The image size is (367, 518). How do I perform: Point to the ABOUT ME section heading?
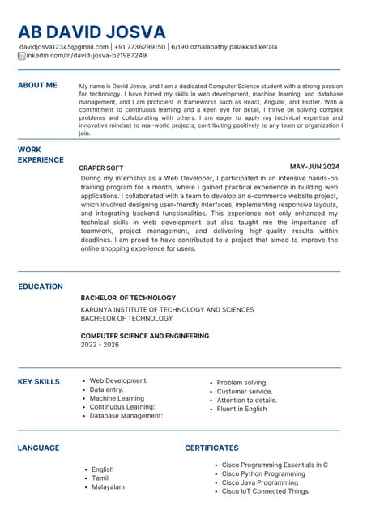[x=37, y=85]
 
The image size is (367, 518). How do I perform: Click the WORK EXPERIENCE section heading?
[x=41, y=155]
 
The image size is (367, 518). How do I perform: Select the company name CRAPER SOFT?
[x=100, y=167]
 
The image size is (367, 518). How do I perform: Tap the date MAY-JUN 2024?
[x=314, y=167]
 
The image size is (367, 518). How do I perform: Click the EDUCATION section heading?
[x=41, y=287]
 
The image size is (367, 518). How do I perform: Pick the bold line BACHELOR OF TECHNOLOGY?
[x=128, y=298]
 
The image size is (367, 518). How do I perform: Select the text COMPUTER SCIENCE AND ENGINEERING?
[x=144, y=335]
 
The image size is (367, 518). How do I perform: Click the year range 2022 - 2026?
[x=100, y=345]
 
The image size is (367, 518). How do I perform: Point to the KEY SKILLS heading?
[x=39, y=381]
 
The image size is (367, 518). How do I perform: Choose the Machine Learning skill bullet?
[x=117, y=398]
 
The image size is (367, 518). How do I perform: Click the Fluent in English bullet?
[x=241, y=409]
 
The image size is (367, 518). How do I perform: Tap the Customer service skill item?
[x=245, y=392]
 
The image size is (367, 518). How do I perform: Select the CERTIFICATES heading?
[x=211, y=448]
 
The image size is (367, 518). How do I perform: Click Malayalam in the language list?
[x=108, y=487]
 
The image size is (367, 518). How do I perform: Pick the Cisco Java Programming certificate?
[x=260, y=482]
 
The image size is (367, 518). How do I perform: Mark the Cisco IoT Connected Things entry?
[x=265, y=491]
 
